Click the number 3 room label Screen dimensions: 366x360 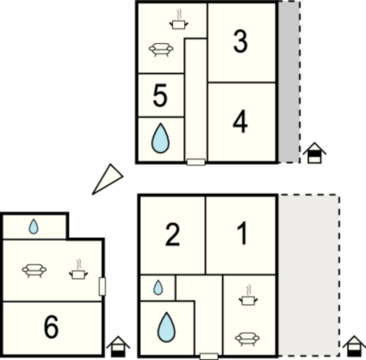point(240,42)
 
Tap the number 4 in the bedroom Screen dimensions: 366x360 point(240,122)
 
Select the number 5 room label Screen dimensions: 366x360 point(160,96)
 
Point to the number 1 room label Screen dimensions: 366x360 point(242,233)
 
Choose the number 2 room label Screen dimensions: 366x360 point(172,235)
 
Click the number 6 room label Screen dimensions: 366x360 point(52,326)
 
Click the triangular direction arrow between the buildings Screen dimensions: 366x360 point(108,179)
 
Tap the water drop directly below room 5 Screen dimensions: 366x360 point(160,138)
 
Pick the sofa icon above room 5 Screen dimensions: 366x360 point(161,49)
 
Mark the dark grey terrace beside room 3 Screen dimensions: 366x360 point(288,82)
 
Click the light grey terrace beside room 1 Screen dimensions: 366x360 point(309,276)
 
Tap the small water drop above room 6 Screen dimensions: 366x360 point(34,227)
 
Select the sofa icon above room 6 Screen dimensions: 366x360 point(34,270)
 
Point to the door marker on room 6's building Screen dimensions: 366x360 point(102,286)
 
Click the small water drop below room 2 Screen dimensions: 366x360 point(158,288)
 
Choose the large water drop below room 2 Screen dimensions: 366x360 point(166,327)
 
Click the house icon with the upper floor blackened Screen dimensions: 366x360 point(315,152)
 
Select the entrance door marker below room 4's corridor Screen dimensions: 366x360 point(196,162)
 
